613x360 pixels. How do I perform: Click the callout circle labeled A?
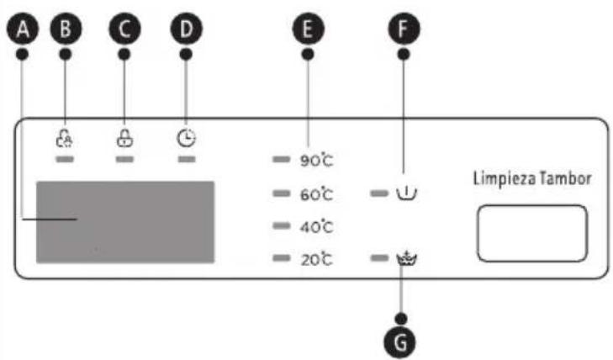23,29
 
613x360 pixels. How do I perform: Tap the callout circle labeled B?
66,29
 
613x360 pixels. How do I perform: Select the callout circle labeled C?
124,29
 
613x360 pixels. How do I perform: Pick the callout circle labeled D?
186,29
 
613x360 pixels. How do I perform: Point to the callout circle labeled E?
308,29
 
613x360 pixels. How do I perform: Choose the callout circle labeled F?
404,29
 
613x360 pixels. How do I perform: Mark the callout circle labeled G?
401,341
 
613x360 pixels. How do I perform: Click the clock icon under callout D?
186,138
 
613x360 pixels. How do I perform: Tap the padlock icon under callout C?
124,138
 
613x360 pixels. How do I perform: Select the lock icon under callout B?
65,139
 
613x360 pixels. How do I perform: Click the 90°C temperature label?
317,161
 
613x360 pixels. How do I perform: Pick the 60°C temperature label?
317,193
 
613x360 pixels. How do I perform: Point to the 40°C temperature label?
317,227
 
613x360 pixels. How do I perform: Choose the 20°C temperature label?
317,260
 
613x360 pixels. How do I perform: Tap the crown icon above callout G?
407,258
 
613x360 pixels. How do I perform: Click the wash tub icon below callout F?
407,193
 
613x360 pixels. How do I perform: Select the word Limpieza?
505,178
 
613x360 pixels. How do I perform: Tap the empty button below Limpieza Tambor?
532,233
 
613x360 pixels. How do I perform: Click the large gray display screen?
125,222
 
